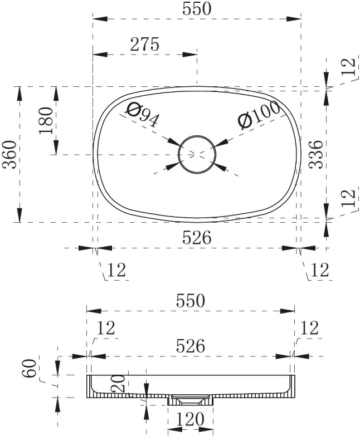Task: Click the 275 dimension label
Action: tap(145, 44)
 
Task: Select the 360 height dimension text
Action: tap(9, 155)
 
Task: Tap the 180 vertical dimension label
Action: tap(46, 120)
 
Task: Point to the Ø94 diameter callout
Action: tap(142, 115)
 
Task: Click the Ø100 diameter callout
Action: tap(259, 114)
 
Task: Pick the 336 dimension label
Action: tap(316, 155)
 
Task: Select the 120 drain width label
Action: tap(190, 419)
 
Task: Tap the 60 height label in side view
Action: tap(30, 368)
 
